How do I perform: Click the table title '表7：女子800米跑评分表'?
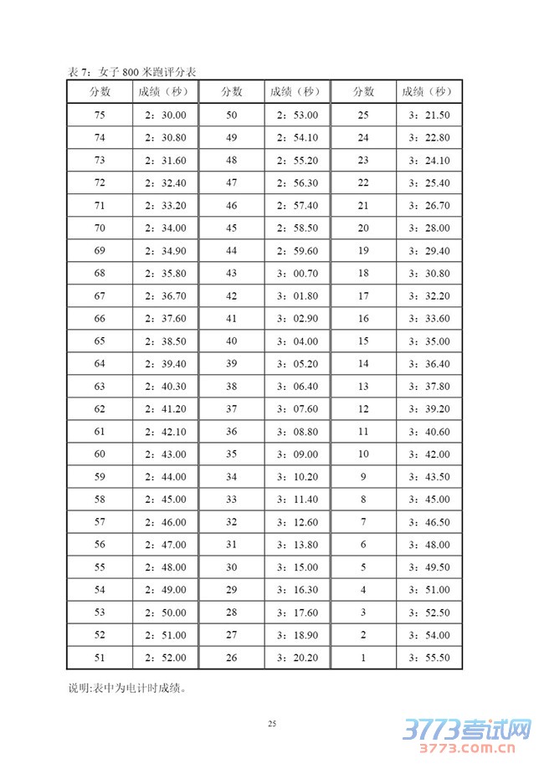(x=131, y=72)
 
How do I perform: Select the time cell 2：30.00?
(x=164, y=115)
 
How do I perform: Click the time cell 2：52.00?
(x=164, y=658)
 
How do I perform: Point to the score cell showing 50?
(x=232, y=115)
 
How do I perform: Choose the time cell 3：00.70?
(x=296, y=274)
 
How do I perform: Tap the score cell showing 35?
(x=232, y=454)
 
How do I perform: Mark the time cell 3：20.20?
(x=296, y=658)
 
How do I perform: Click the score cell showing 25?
(x=363, y=115)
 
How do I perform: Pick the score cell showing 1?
(x=363, y=658)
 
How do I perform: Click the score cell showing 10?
(x=363, y=454)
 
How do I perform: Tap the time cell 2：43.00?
(x=164, y=454)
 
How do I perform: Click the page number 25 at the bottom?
(x=272, y=723)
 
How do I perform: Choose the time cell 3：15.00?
(x=296, y=567)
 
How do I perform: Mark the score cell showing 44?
(x=232, y=251)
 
